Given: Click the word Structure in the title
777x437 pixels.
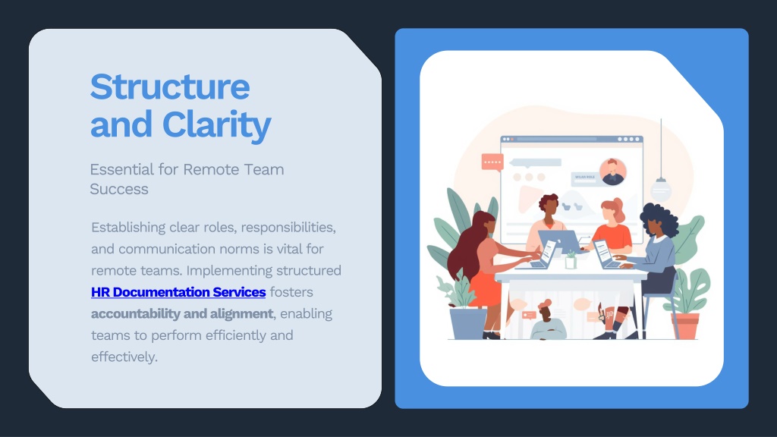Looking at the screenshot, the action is click(x=170, y=86).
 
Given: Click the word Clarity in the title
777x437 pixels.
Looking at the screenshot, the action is click(x=216, y=125).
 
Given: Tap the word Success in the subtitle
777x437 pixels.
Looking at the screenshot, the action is click(x=119, y=189).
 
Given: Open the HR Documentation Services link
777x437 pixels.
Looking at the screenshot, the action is click(x=178, y=292).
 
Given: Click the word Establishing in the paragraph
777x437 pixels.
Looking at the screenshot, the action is click(x=128, y=228).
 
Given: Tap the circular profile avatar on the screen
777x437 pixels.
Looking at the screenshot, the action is click(x=613, y=172).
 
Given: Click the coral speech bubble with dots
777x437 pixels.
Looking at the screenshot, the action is click(x=492, y=162).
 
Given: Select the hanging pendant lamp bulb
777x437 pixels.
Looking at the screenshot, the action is click(x=661, y=189).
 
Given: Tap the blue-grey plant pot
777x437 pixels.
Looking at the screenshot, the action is click(x=468, y=323).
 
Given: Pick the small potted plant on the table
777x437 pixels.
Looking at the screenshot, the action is click(x=571, y=259).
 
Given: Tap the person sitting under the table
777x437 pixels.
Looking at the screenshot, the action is click(x=548, y=322).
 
